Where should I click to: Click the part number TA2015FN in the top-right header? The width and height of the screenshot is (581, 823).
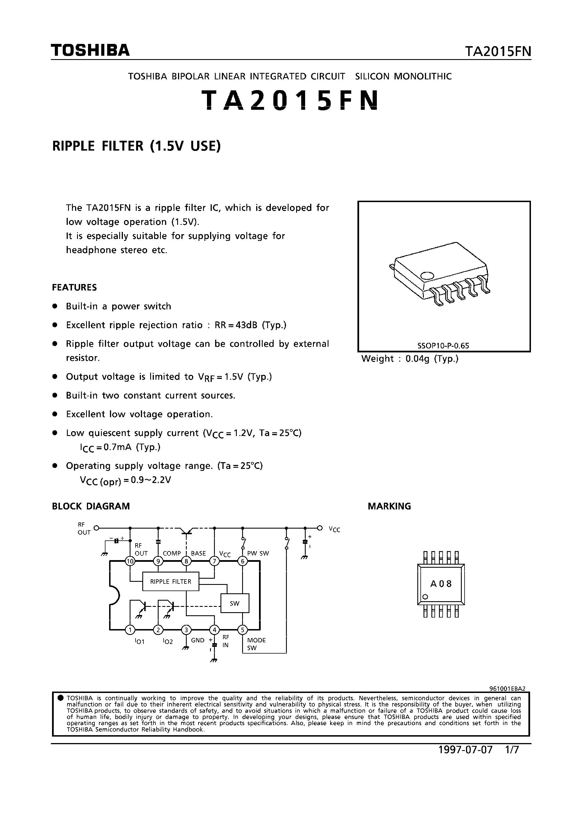tap(498, 52)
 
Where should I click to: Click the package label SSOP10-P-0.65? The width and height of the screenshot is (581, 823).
tap(443, 346)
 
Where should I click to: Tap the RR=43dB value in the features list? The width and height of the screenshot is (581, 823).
tap(237, 325)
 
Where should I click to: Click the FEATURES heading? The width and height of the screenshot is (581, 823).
tap(75, 287)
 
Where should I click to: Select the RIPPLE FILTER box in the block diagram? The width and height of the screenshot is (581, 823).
tap(170, 582)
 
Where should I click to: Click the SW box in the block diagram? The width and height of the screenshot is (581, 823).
tap(235, 603)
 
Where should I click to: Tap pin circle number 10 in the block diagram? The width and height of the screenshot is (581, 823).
tap(130, 561)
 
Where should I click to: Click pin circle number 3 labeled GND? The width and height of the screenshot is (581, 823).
tap(186, 630)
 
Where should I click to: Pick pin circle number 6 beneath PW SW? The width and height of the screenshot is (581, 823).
tap(242, 561)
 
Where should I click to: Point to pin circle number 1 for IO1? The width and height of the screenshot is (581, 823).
tap(130, 630)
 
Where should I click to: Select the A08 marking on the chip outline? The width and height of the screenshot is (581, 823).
tap(441, 584)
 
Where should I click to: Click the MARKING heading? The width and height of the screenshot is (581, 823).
tap(389, 506)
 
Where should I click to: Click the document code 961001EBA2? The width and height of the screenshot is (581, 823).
tap(507, 688)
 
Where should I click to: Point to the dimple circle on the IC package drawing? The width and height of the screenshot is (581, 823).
tap(427, 276)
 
